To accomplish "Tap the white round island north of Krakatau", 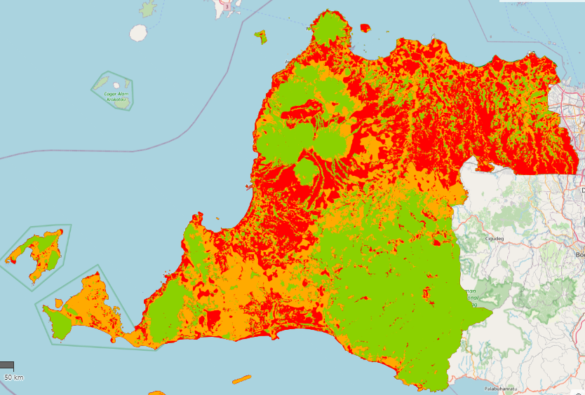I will (138, 33).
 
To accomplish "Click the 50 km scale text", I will (13, 377).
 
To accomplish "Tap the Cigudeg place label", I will (495, 238).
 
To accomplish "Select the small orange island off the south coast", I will (241, 380).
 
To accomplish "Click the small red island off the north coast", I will (365, 28).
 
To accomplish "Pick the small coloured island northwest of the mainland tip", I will (260, 36).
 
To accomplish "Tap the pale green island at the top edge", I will (148, 9).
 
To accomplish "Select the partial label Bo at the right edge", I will (579, 255).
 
